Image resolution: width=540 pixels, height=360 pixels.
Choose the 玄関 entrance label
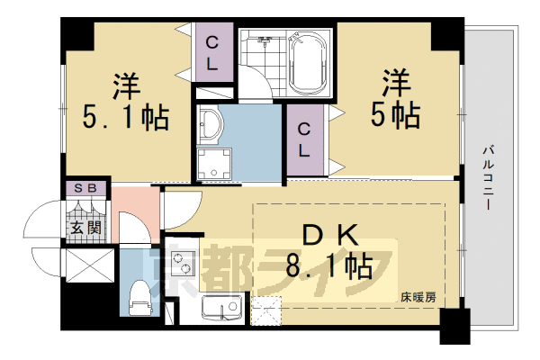pos(88,228)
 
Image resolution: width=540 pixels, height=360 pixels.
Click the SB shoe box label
pos(88,188)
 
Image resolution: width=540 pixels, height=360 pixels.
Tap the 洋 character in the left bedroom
pos(126,85)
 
